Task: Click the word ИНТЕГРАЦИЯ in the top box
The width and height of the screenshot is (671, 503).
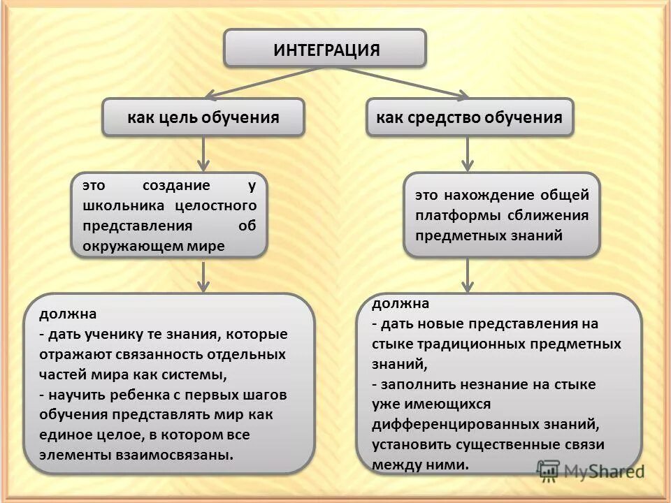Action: tap(326, 50)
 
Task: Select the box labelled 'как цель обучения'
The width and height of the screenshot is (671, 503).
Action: tap(203, 117)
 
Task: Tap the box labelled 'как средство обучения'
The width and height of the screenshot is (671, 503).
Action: tap(469, 117)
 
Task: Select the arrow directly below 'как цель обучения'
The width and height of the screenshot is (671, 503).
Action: tap(203, 153)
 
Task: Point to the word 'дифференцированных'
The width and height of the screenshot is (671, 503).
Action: tap(445, 424)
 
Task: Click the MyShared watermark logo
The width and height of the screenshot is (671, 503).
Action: tap(591, 471)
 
